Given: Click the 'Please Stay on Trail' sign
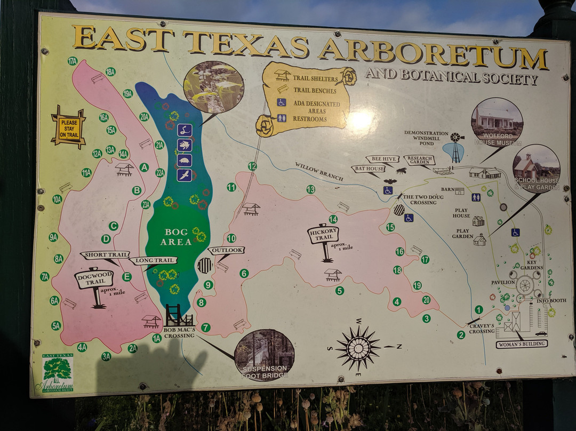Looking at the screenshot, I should click(68, 127).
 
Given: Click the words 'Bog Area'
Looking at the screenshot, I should click(178, 237).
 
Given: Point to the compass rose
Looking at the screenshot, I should click(358, 347).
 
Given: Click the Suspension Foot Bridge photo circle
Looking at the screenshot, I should click(264, 355).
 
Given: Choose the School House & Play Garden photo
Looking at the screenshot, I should click(536, 169).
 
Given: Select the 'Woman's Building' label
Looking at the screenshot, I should click(522, 344).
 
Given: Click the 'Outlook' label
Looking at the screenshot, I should click(226, 250).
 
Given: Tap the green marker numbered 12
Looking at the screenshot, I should click(252, 166).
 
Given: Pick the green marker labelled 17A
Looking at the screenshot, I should click(73, 61).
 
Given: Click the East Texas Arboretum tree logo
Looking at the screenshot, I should click(58, 373).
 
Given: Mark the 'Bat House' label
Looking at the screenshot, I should click(368, 169).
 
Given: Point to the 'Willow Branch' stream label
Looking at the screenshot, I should click(319, 172).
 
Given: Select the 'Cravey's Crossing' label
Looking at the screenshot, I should click(482, 328).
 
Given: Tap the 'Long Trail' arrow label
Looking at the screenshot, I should click(153, 260).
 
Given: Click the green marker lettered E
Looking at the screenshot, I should click(126, 276).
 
